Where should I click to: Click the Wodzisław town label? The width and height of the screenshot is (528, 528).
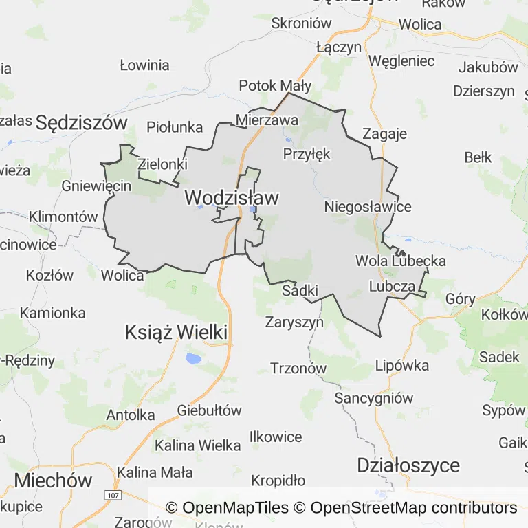(x=232, y=198)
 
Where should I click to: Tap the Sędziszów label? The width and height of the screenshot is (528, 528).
(x=82, y=123)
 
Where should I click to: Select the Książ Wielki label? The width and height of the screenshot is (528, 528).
(x=176, y=333)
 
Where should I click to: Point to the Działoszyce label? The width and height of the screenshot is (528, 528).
(x=408, y=465)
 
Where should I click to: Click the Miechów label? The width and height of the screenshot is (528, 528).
(x=53, y=480)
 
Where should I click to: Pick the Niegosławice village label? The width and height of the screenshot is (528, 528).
(x=368, y=207)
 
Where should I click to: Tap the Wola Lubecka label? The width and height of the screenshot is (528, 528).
(x=401, y=261)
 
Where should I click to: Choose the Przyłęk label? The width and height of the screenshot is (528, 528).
(x=307, y=154)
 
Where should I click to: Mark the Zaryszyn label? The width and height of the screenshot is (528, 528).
(x=294, y=321)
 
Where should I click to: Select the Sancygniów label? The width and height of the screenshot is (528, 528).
(x=374, y=398)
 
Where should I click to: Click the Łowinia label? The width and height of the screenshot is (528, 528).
(x=144, y=66)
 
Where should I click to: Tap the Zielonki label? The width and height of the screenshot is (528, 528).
(x=163, y=164)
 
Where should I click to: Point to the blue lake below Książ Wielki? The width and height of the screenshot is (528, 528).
(x=193, y=358)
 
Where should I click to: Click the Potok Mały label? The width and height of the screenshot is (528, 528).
(x=275, y=86)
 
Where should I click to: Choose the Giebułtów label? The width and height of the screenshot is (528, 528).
(x=210, y=411)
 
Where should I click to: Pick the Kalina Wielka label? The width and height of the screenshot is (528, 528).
(x=198, y=445)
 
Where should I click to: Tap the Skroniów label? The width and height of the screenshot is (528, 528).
(x=302, y=23)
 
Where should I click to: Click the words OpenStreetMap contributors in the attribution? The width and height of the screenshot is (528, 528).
(x=414, y=508)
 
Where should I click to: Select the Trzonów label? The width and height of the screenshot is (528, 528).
(x=298, y=368)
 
